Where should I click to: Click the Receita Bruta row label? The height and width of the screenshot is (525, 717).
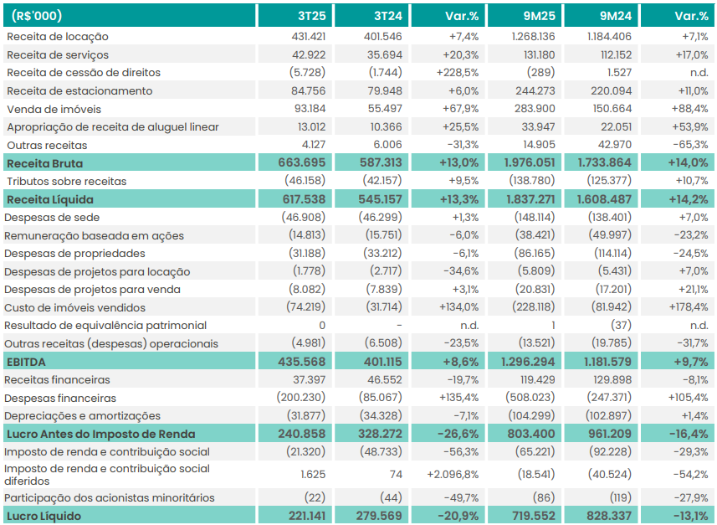pos(44,163)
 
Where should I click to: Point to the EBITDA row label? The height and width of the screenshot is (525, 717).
pos(27,362)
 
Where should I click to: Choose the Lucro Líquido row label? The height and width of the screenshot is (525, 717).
pos(44,516)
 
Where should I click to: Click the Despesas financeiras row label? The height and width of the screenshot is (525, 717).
pos(60,398)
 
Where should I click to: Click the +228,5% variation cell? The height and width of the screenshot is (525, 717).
pos(457,73)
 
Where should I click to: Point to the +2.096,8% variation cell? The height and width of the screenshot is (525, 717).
pos(452,474)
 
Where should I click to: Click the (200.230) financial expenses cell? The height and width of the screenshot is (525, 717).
pos(301,398)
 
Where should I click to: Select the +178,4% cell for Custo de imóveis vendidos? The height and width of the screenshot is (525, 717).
pos(686,307)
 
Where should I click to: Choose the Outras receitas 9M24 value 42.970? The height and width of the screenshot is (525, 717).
pos(611,145)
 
